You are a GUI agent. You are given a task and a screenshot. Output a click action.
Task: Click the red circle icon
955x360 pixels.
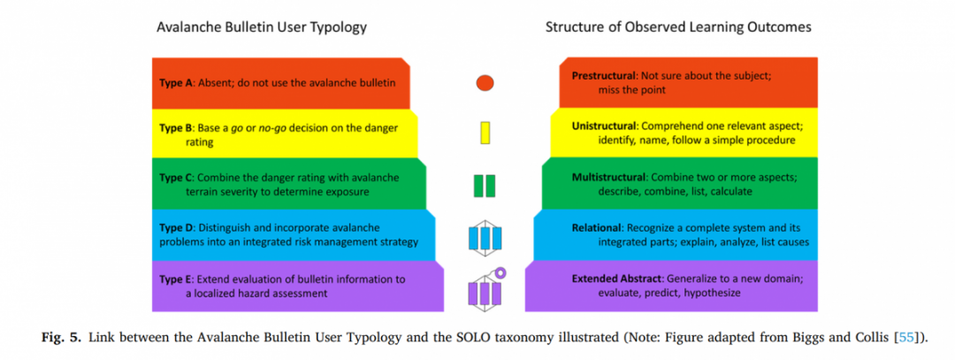point(485,83)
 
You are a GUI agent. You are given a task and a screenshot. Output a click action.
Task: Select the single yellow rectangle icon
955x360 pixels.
point(485,133)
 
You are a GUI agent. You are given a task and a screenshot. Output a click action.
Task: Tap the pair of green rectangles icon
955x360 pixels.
point(485,186)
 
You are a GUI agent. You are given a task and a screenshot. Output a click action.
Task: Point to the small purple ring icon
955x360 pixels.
point(500,273)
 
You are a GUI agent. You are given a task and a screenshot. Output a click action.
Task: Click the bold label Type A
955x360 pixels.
point(175,83)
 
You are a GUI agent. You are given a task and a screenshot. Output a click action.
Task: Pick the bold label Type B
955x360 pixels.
point(175,128)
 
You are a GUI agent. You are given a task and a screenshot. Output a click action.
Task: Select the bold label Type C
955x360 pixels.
point(175,178)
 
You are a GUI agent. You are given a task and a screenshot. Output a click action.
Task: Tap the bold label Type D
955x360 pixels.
point(176,228)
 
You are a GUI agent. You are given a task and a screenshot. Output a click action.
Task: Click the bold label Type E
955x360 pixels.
point(175,279)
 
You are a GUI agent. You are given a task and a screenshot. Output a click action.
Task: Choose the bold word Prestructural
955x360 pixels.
point(603,76)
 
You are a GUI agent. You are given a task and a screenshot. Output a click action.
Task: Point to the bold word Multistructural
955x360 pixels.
point(608,178)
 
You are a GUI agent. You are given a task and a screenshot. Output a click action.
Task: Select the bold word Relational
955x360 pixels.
point(597,228)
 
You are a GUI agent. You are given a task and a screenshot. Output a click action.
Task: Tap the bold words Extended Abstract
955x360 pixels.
point(616,279)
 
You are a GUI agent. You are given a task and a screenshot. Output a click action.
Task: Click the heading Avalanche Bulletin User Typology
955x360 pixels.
point(262,27)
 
